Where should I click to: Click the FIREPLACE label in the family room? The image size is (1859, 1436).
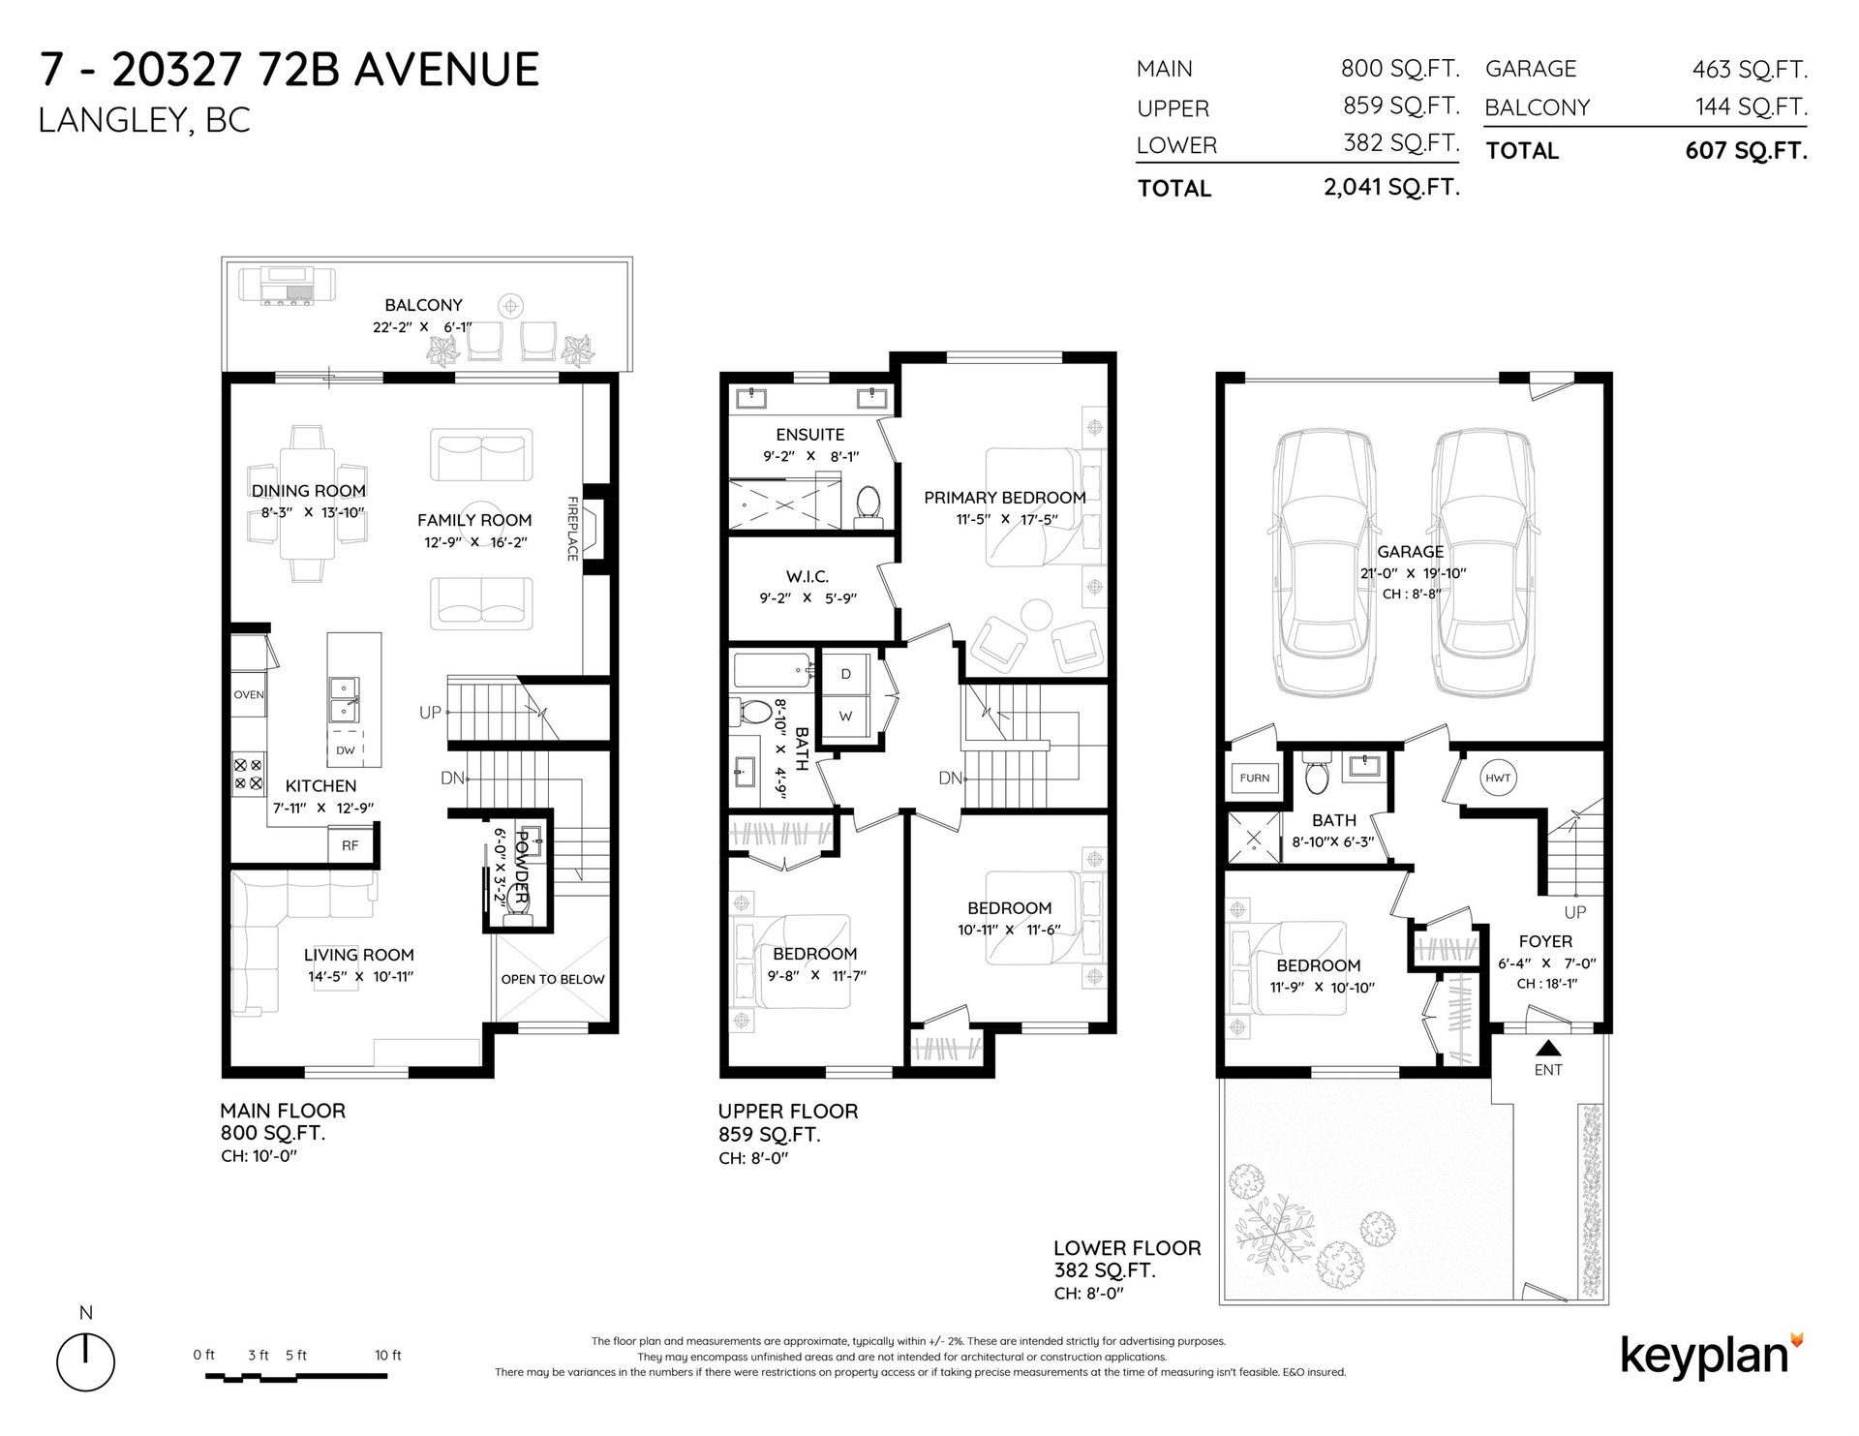tap(572, 529)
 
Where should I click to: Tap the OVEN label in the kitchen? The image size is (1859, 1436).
tap(249, 695)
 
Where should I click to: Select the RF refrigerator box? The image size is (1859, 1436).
tap(350, 845)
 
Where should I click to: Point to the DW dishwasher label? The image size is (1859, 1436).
tap(346, 750)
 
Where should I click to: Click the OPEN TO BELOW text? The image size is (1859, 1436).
tap(553, 979)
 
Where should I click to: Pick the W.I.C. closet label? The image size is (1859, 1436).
tap(808, 577)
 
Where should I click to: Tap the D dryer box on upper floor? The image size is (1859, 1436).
tap(846, 674)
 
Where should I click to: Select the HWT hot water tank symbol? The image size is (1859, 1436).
tap(1497, 778)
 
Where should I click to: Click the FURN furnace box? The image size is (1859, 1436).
tap(1255, 778)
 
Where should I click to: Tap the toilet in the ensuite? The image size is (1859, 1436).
tap(868, 505)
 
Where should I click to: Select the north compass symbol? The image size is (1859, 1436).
tap(86, 1357)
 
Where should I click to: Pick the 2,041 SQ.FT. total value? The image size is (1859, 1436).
tap(1391, 188)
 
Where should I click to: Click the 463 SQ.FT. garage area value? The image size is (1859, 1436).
tap(1750, 70)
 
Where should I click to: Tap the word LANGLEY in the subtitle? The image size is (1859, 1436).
tap(107, 121)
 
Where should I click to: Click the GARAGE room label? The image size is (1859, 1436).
tap(1410, 552)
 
